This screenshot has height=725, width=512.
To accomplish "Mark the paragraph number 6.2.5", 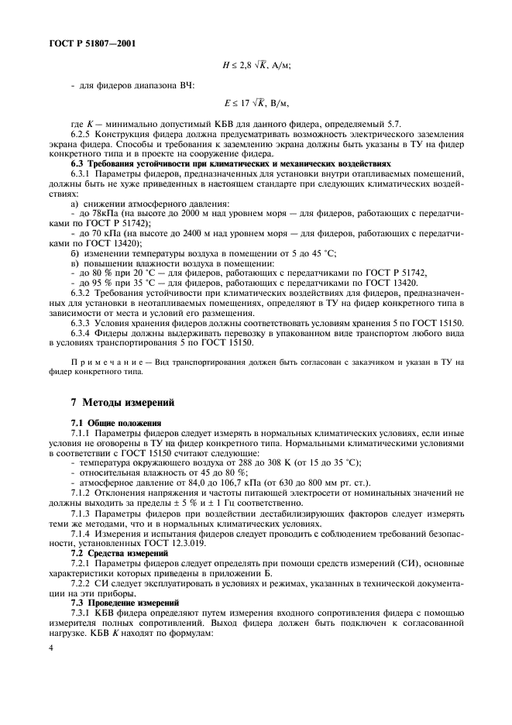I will pyautogui.click(x=83, y=134).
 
